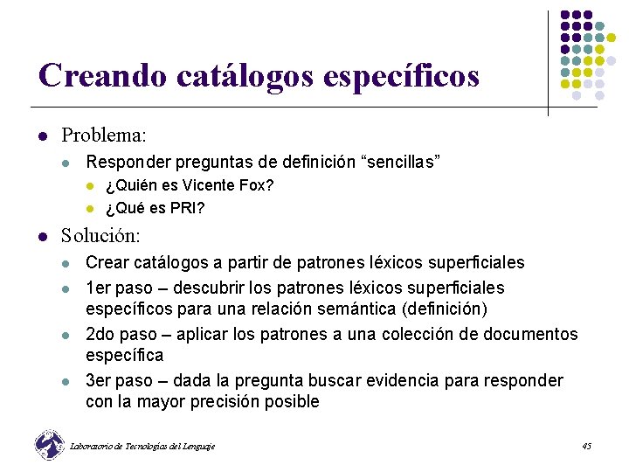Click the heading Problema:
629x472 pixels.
[103, 135]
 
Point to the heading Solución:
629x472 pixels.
[100, 236]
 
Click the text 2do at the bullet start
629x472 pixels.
[100, 334]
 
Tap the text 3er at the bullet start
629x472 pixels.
[100, 380]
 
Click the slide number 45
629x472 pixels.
[586, 447]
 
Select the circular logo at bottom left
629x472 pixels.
[49, 445]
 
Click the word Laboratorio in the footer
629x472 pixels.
[93, 447]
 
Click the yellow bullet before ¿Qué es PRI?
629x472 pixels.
[89, 208]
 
